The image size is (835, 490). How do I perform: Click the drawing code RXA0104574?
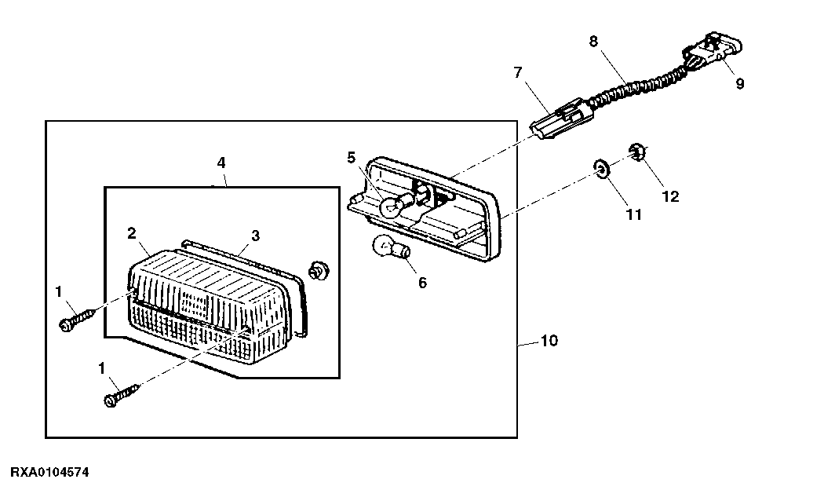click(x=50, y=473)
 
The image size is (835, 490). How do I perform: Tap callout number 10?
click(x=549, y=341)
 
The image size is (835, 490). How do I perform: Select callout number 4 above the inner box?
click(x=221, y=163)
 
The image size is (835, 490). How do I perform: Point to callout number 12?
click(x=670, y=197)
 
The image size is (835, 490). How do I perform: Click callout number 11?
click(x=634, y=214)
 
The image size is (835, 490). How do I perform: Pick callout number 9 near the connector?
click(x=740, y=83)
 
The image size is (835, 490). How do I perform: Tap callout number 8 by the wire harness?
click(x=594, y=41)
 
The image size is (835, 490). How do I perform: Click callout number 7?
click(x=518, y=72)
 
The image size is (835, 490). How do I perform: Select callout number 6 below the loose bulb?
click(x=422, y=283)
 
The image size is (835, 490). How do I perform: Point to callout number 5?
click(x=351, y=158)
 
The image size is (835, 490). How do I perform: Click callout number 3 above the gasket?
click(x=256, y=236)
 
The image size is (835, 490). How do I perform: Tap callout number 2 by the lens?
click(x=132, y=233)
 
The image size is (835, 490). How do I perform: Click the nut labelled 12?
click(x=637, y=152)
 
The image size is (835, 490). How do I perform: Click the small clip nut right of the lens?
click(x=319, y=270)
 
